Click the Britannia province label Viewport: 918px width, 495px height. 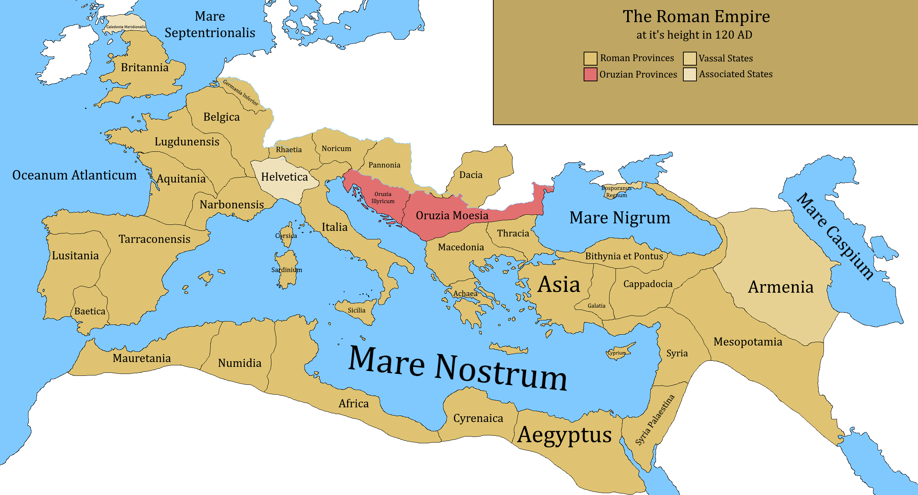(145, 67)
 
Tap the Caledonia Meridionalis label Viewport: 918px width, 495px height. (126, 27)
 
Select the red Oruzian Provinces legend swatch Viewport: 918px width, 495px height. (590, 74)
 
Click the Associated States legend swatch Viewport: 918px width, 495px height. (689, 74)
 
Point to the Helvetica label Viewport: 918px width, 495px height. (284, 177)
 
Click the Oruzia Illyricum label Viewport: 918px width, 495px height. (383, 197)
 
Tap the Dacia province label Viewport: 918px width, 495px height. (471, 175)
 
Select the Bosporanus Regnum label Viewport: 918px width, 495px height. (616, 191)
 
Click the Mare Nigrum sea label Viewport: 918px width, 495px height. (620, 218)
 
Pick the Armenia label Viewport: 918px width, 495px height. (780, 287)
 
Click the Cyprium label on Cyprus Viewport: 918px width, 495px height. (617, 353)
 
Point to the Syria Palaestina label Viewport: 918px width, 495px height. (654, 420)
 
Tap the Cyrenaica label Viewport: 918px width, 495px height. (478, 418)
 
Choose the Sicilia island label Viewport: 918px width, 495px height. (356, 310)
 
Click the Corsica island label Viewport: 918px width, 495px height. (286, 236)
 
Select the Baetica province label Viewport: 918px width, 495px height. (90, 311)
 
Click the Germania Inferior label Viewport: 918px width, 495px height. (240, 93)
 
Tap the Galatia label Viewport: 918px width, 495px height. (596, 306)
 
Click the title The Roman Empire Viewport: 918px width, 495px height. (696, 16)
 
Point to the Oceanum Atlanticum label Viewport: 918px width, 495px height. (74, 175)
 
